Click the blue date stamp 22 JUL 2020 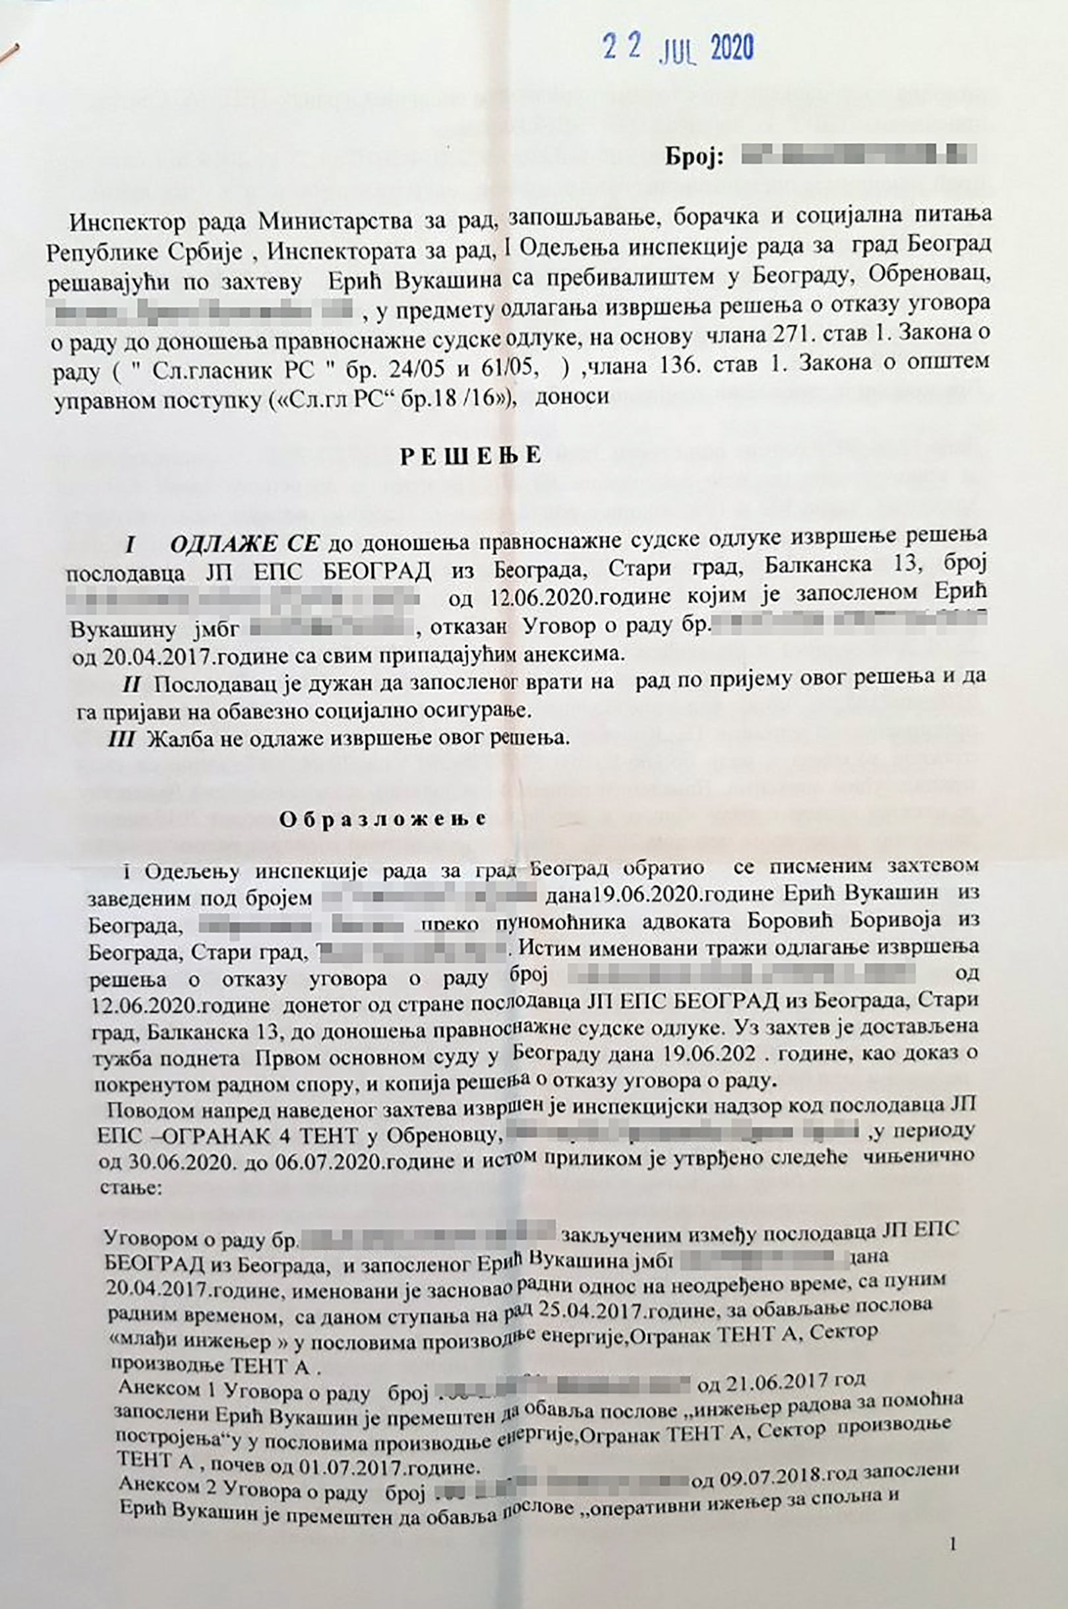pos(678,48)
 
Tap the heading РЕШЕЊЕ pos(471,456)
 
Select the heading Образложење pos(384,820)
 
